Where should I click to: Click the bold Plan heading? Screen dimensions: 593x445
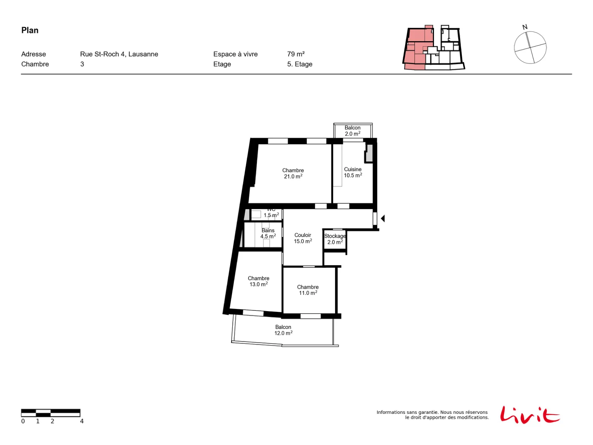[x=30, y=30]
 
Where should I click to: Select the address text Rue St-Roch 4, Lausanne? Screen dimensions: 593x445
[x=119, y=54]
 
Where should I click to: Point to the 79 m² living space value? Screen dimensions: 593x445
[x=295, y=54]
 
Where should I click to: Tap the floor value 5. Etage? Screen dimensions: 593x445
[x=299, y=64]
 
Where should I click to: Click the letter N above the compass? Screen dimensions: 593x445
[x=524, y=27]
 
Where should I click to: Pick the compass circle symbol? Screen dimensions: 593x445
[x=530, y=47]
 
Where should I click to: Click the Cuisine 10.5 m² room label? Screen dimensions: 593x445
[x=352, y=172]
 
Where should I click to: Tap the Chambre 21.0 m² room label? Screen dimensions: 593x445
[x=293, y=173]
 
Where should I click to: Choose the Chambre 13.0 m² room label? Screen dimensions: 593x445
[x=258, y=281]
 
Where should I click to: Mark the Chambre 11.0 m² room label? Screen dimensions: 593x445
[x=308, y=290]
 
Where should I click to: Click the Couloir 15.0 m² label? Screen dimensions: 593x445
[x=302, y=238]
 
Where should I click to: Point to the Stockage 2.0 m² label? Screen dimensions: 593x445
[x=335, y=239]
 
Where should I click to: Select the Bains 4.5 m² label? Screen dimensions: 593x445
[x=268, y=233]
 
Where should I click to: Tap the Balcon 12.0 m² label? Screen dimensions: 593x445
[x=283, y=330]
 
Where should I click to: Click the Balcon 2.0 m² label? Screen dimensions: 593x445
[x=352, y=131]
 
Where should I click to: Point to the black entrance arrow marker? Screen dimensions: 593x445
[x=382, y=218]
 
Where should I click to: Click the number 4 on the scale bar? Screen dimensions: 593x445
[x=82, y=421]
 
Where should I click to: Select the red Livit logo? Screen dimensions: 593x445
[x=530, y=415]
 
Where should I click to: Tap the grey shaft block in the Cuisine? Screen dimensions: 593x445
[x=369, y=153]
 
